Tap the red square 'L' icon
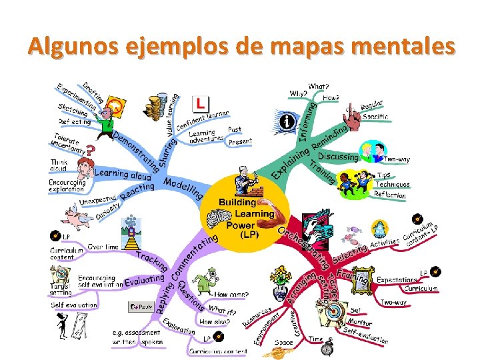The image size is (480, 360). pyautogui.click(x=201, y=103)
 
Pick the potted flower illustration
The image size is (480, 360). pyautogui.click(x=279, y=275)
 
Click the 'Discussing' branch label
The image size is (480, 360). pyautogui.click(x=338, y=157)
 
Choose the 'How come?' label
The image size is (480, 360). pyautogui.click(x=230, y=294)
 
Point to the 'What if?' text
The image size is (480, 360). pyautogui.click(x=223, y=309)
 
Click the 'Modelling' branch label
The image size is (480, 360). pyautogui.click(x=183, y=187)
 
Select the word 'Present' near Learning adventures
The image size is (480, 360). pyautogui.click(x=241, y=141)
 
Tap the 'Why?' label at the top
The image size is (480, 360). pyautogui.click(x=297, y=93)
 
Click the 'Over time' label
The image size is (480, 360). pyautogui.click(x=103, y=247)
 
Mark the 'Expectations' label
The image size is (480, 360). pyautogui.click(x=397, y=279)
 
